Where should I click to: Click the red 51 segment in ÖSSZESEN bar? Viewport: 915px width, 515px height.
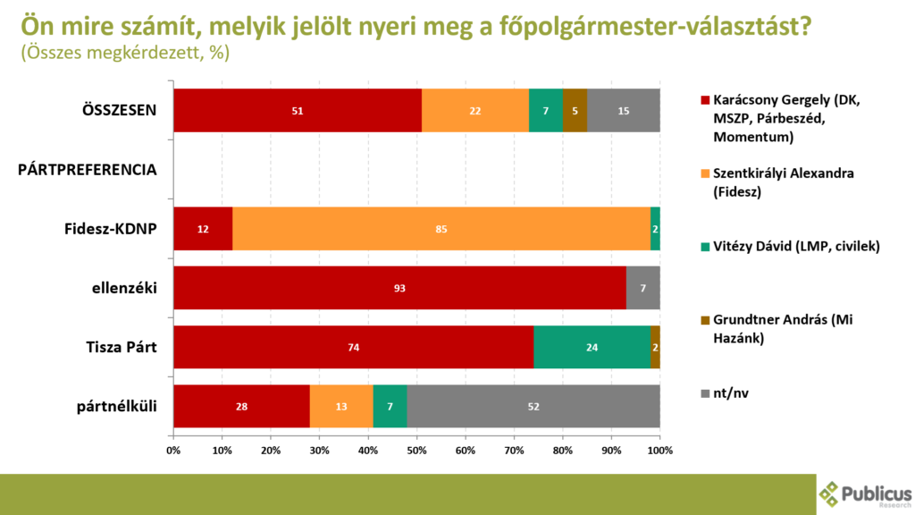click(298, 111)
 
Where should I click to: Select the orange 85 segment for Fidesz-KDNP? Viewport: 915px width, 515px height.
click(441, 229)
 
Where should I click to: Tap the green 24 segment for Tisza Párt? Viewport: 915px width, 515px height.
click(592, 347)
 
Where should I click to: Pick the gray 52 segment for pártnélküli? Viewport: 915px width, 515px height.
click(533, 406)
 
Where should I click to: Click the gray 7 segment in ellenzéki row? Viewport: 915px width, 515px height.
click(643, 288)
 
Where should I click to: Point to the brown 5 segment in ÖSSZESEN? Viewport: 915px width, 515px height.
click(575, 111)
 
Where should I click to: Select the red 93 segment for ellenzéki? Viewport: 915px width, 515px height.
click(399, 288)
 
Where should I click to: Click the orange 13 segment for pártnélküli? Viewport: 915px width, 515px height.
click(341, 406)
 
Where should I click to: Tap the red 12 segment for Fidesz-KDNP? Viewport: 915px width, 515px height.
click(203, 229)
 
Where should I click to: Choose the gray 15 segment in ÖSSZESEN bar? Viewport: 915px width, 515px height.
click(624, 111)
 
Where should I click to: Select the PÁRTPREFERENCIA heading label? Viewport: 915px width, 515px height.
click(88, 169)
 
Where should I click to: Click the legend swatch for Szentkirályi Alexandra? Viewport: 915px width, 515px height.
click(704, 173)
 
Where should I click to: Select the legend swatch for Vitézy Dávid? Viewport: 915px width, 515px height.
click(704, 247)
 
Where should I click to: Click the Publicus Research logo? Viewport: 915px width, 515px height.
click(865, 494)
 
